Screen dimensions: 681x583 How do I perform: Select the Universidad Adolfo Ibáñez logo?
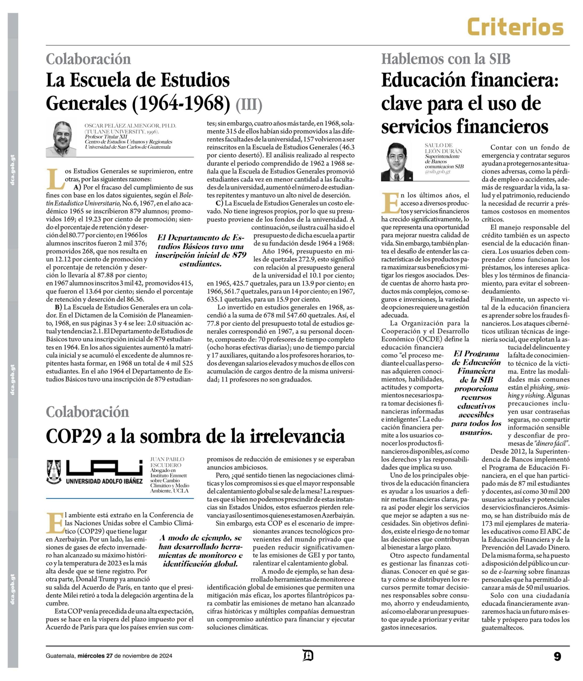95,472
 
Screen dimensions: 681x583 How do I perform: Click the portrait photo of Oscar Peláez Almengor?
61,139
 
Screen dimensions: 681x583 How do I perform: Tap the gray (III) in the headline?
249,105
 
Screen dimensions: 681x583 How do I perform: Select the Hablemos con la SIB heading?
446,59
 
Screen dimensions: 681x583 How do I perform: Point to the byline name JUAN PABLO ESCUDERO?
167,462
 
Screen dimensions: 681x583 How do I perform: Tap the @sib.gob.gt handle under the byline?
437,172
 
